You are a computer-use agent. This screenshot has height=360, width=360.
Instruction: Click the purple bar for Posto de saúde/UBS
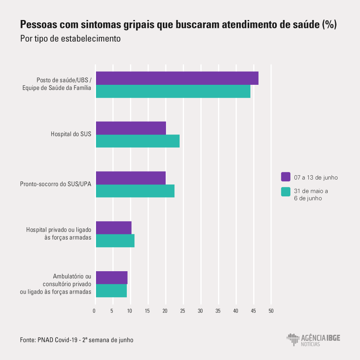(x=177, y=78)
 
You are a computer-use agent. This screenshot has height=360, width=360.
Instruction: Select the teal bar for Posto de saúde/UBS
(x=173, y=91)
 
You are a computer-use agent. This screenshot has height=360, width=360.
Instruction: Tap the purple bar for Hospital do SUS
(x=131, y=128)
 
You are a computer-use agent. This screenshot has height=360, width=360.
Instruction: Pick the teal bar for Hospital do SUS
(x=138, y=141)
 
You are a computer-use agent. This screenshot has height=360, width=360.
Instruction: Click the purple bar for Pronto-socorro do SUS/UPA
(x=131, y=178)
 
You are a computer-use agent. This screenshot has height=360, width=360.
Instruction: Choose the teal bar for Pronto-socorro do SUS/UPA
(x=135, y=191)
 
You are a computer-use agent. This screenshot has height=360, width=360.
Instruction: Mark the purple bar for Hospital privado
(x=114, y=228)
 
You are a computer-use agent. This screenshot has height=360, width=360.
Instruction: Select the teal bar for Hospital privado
(x=115, y=241)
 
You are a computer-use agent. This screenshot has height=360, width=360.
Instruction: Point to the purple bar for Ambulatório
(x=112, y=278)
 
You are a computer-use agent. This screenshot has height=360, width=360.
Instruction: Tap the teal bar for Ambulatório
(x=111, y=291)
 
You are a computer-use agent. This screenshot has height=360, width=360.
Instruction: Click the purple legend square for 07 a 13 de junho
(x=286, y=177)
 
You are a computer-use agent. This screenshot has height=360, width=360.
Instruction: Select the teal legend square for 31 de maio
(x=286, y=192)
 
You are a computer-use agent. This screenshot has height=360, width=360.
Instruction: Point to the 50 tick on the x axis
(x=271, y=311)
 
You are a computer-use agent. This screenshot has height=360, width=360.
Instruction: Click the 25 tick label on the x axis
(x=183, y=311)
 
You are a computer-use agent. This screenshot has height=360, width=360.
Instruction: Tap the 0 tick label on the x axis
(x=94, y=311)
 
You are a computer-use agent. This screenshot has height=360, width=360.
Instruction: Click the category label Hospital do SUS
(x=71, y=134)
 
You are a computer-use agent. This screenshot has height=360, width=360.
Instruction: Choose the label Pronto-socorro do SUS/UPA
(x=56, y=184)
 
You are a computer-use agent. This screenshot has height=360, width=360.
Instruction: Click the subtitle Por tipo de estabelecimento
(x=70, y=39)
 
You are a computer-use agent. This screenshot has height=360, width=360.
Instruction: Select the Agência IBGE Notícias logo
(x=314, y=340)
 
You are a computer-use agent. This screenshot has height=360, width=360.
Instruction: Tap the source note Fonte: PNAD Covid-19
(x=76, y=340)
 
